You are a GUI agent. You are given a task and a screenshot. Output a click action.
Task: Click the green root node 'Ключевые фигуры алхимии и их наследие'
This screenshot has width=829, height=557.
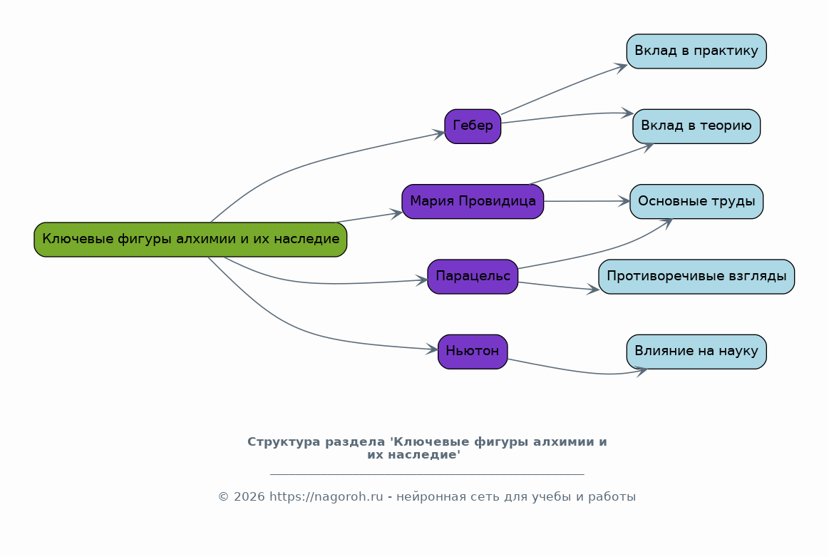[190, 240]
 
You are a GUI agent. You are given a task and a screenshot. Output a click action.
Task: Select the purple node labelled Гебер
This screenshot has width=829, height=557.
[473, 126]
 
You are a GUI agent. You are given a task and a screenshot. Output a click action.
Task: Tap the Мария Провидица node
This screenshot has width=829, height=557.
[473, 202]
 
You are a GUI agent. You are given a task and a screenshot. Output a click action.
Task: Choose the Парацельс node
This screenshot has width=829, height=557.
[473, 277]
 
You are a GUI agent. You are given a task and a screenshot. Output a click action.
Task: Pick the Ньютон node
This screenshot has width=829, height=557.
[473, 352]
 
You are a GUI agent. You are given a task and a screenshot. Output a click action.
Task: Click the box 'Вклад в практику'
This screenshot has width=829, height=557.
[696, 51]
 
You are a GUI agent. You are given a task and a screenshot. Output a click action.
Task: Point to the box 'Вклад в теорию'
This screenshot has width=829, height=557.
[696, 126]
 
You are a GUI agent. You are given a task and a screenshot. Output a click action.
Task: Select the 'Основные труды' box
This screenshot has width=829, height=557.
[696, 202]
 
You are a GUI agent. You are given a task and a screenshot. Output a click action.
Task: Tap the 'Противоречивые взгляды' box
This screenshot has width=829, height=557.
[696, 277]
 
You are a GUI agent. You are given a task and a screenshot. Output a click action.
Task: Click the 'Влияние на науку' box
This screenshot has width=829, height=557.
[696, 352]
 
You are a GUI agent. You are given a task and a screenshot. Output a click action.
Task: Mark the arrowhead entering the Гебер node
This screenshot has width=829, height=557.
[439, 134]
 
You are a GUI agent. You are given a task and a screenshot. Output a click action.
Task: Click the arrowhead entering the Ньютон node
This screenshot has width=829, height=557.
[432, 349]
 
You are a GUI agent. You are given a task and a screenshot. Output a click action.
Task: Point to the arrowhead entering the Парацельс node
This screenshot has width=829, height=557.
[421, 280]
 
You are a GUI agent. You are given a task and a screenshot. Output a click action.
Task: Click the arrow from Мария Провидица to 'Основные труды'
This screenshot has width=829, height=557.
[587, 201]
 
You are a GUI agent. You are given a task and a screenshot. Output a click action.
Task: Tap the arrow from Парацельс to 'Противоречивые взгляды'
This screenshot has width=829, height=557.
[558, 286]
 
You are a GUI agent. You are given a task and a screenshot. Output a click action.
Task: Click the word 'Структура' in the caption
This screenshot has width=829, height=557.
[284, 442]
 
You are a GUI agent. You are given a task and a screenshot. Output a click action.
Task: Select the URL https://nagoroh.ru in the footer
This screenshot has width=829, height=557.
[326, 497]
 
